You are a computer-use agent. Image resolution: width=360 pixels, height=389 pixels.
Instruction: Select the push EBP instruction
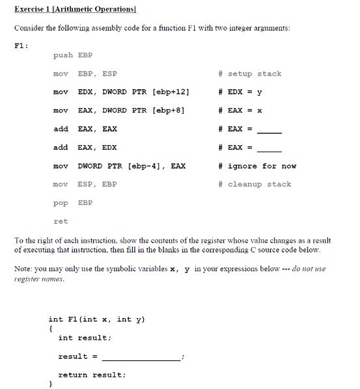pyautogui.click(x=73, y=55)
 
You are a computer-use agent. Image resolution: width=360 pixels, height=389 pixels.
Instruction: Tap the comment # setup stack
pyautogui.click(x=250, y=74)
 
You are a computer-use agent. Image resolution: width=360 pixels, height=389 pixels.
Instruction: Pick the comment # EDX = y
pyautogui.click(x=241, y=92)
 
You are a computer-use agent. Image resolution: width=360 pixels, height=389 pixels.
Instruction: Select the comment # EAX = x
pyautogui.click(x=241, y=111)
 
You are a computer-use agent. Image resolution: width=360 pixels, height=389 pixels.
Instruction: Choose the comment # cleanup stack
pyautogui.click(x=255, y=184)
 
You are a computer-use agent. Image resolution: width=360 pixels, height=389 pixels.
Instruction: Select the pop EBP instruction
pyautogui.click(x=73, y=203)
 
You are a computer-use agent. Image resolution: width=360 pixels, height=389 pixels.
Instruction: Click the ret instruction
pyautogui.click(x=61, y=221)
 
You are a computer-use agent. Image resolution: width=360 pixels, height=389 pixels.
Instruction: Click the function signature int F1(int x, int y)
pyautogui.click(x=96, y=319)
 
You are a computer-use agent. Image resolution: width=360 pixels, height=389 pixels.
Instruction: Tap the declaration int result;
pyautogui.click(x=85, y=338)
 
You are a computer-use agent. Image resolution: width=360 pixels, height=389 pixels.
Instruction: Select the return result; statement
pyautogui.click(x=92, y=375)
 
